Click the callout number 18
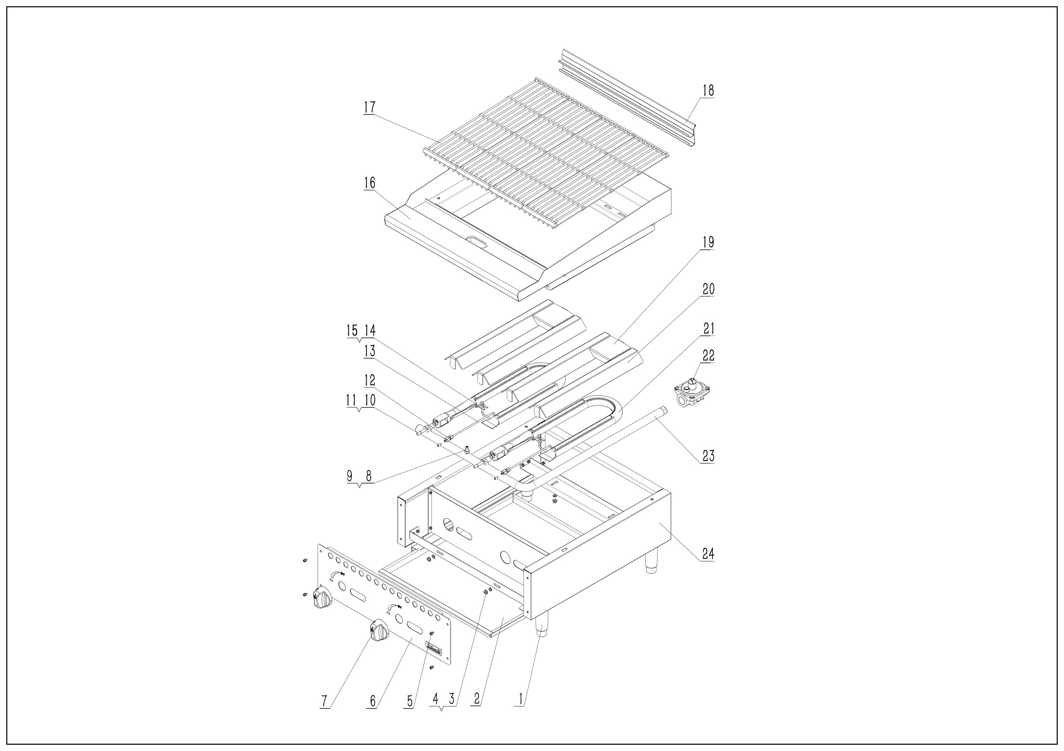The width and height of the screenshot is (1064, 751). click(x=708, y=90)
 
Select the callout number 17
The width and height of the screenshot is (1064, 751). click(x=369, y=107)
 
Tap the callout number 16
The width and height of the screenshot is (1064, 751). click(x=369, y=183)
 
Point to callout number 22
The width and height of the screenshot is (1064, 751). click(x=708, y=356)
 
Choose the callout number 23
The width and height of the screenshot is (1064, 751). click(x=708, y=456)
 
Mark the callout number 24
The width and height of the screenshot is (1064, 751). click(x=708, y=554)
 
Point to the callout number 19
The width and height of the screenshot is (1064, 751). click(x=708, y=243)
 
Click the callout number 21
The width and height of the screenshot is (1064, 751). click(x=708, y=329)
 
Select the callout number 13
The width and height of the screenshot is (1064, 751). click(x=369, y=351)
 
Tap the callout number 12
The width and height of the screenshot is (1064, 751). click(x=369, y=380)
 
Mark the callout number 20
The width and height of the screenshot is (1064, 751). click(x=708, y=289)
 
